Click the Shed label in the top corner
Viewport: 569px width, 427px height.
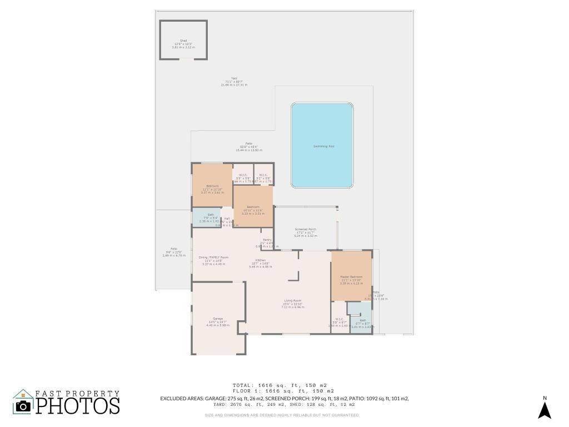tap(183, 41)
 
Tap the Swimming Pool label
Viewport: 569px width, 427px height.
tap(323, 146)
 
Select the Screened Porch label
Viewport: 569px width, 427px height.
tap(306, 229)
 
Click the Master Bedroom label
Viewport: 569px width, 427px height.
tap(351, 277)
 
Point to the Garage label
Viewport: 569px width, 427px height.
tap(217, 319)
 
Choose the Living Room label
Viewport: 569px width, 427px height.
tap(293, 300)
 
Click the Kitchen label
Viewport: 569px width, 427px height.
tap(260, 260)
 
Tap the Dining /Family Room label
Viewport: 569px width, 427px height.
tap(213, 257)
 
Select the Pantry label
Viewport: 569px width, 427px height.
tap(267, 240)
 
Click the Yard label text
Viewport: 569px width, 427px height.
tap(234, 78)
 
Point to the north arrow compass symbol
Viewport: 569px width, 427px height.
tap(545, 410)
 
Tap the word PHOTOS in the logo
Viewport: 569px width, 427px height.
tap(78, 405)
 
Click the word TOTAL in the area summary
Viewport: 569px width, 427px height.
tap(242, 385)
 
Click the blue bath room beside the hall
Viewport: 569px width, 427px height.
tap(207, 216)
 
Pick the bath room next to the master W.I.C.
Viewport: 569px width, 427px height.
tap(362, 322)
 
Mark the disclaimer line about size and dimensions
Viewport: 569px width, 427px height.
tap(282, 415)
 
